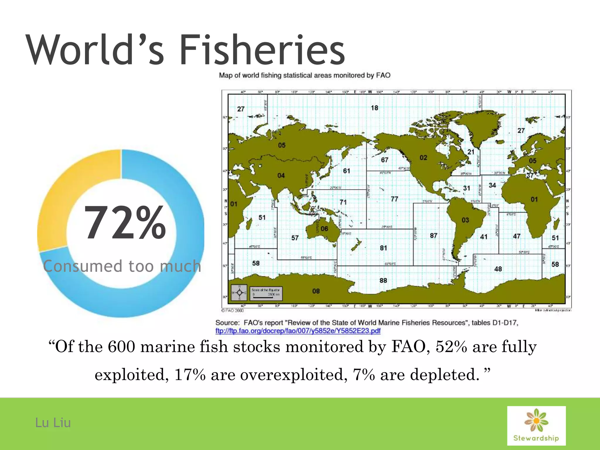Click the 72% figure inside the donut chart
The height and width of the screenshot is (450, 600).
pos(125,223)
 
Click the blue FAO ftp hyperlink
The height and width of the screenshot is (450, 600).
pos(298,331)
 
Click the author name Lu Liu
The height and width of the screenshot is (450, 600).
pos(53,423)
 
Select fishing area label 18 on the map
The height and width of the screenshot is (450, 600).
pos(374,108)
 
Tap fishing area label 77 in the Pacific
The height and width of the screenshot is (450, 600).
pos(394,199)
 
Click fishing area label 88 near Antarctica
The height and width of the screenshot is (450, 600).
pos(383,280)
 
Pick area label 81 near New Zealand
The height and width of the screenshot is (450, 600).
pos(383,248)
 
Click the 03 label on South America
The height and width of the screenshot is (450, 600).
pos(465,220)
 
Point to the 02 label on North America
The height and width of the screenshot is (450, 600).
pos(423,158)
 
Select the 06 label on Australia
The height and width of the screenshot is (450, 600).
pos(324,229)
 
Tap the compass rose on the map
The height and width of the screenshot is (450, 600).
pos(239,293)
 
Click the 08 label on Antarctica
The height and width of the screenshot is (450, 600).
pos(316,291)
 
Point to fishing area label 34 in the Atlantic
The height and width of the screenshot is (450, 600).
pos(492,185)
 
